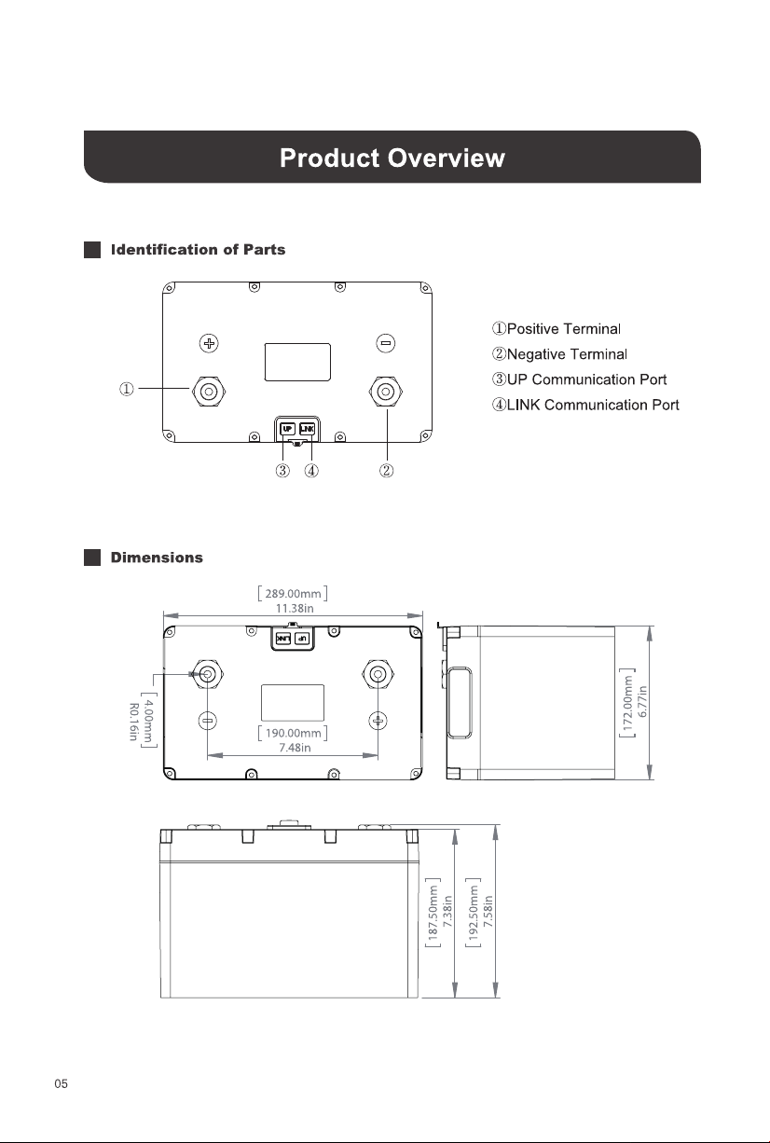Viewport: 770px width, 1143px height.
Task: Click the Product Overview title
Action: pyautogui.click(x=392, y=158)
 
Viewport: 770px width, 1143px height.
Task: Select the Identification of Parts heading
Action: pyautogui.click(x=198, y=250)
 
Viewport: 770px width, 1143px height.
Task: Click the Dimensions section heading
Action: pyautogui.click(x=157, y=558)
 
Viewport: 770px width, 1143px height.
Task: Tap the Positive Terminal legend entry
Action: pyautogui.click(x=557, y=328)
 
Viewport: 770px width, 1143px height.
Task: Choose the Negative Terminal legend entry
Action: pyautogui.click(x=559, y=354)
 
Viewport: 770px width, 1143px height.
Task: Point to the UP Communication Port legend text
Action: pyautogui.click(x=579, y=379)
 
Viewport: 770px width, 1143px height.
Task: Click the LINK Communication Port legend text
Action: pyautogui.click(x=585, y=406)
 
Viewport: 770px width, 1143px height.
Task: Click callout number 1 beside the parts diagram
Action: pyautogui.click(x=127, y=389)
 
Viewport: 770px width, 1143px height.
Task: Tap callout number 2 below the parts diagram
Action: pyautogui.click(x=386, y=470)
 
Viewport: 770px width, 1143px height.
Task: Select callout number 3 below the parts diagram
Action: pyautogui.click(x=282, y=470)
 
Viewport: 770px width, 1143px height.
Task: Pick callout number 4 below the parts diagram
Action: pyautogui.click(x=311, y=470)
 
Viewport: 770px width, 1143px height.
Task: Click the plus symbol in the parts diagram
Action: pyautogui.click(x=209, y=343)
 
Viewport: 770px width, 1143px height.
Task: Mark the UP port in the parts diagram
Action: pyautogui.click(x=288, y=429)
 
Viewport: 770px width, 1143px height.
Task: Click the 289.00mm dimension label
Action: pyautogui.click(x=293, y=594)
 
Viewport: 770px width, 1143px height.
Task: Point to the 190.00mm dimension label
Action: pyautogui.click(x=293, y=733)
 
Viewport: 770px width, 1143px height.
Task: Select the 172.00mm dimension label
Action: pyautogui.click(x=627, y=703)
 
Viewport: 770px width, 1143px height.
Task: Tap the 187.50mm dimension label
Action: pyautogui.click(x=433, y=913)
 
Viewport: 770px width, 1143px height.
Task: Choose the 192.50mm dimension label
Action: pyautogui.click(x=473, y=913)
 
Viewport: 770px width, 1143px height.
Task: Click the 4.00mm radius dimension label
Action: pyautogui.click(x=148, y=720)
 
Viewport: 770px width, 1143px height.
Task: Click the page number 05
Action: pyautogui.click(x=61, y=1083)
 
